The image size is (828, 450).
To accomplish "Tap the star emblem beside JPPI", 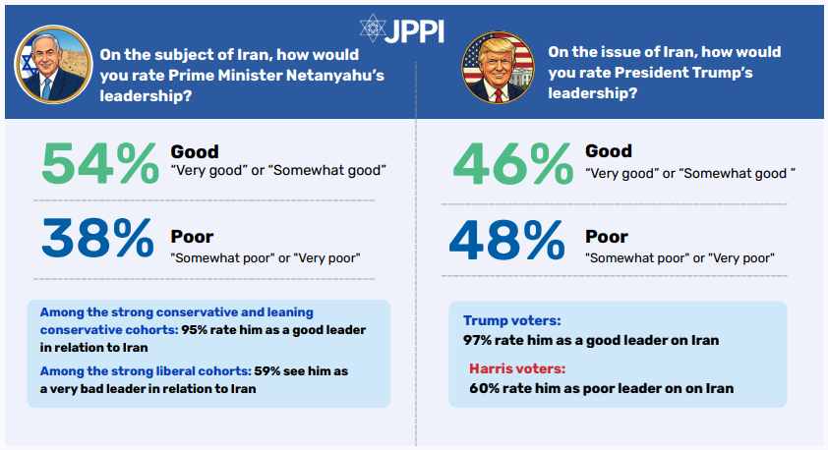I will click(373, 28).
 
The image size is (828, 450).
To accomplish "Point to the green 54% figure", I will click(97, 162).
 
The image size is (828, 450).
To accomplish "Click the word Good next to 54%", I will click(195, 151).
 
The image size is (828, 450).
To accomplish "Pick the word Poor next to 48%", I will click(606, 237).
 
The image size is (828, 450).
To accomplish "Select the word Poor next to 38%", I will click(192, 237).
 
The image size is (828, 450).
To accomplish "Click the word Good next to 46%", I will click(609, 151).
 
